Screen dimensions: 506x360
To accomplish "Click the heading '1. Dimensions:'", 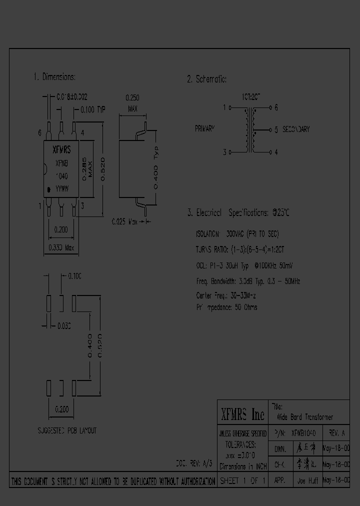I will [x=54, y=77].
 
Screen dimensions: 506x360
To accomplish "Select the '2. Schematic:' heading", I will [x=206, y=79].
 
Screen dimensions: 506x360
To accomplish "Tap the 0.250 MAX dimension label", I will [x=132, y=103].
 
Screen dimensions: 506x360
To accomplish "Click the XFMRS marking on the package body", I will [x=61, y=149].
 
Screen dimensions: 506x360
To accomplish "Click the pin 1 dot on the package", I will [x=48, y=190].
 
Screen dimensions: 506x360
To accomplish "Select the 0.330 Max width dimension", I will [x=61, y=247].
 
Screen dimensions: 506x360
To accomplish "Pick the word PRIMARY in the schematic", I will [x=204, y=129].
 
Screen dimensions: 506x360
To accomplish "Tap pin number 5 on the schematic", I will [x=276, y=129].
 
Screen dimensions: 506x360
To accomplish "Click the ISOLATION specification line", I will [x=237, y=234].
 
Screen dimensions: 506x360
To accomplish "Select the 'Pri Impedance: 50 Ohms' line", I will [x=226, y=307].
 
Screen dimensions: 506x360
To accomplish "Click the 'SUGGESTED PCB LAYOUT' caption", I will [x=67, y=430].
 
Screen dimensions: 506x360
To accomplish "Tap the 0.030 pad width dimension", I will [x=63, y=326].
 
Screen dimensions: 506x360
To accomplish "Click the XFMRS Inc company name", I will [x=242, y=414].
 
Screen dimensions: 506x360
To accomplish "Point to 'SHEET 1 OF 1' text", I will [x=242, y=481].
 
